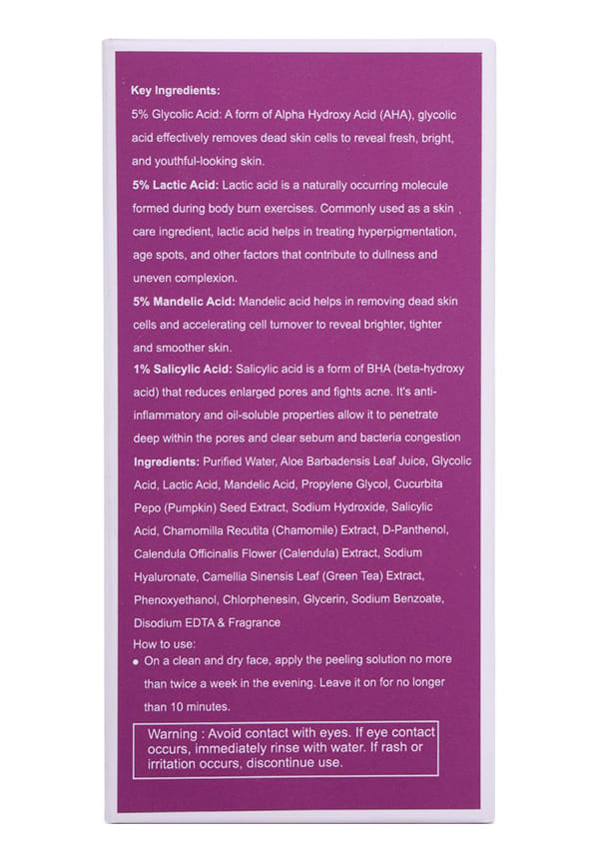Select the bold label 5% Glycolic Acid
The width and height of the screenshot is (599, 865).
(x=176, y=115)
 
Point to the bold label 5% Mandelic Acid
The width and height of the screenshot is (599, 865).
(x=184, y=301)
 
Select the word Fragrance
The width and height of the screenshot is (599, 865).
(x=250, y=622)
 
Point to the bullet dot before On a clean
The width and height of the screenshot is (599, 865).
(x=135, y=662)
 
